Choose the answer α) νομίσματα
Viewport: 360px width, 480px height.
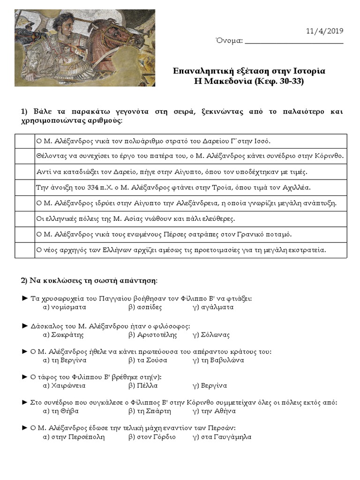coord(64,307)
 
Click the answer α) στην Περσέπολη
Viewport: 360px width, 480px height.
coord(74,437)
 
